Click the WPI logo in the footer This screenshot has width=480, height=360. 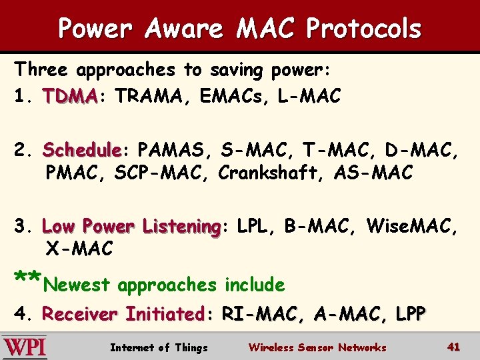point(24,347)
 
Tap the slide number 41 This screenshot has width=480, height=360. point(453,347)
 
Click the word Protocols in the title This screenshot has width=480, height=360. point(363,29)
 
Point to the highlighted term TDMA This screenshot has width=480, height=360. point(70,97)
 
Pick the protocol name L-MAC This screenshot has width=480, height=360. point(309,97)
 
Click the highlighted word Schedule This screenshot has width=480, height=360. point(81,148)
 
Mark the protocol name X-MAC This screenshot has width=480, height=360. point(79,249)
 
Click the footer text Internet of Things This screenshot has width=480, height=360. point(159,347)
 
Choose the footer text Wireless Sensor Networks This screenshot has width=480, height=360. point(317,347)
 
